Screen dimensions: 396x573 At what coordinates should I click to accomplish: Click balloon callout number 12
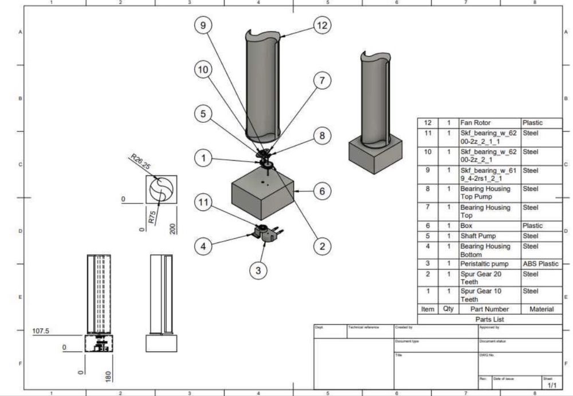click(x=323, y=25)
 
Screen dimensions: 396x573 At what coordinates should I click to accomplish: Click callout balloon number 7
click(x=323, y=81)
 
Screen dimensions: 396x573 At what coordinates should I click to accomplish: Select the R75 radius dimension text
click(x=152, y=217)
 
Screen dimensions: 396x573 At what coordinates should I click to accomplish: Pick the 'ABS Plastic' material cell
click(x=540, y=264)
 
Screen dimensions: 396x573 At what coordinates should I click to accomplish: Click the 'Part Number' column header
click(x=489, y=309)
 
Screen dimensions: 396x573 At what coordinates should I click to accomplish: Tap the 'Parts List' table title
click(x=489, y=319)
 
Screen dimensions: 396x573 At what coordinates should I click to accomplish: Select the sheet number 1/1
click(x=551, y=385)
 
